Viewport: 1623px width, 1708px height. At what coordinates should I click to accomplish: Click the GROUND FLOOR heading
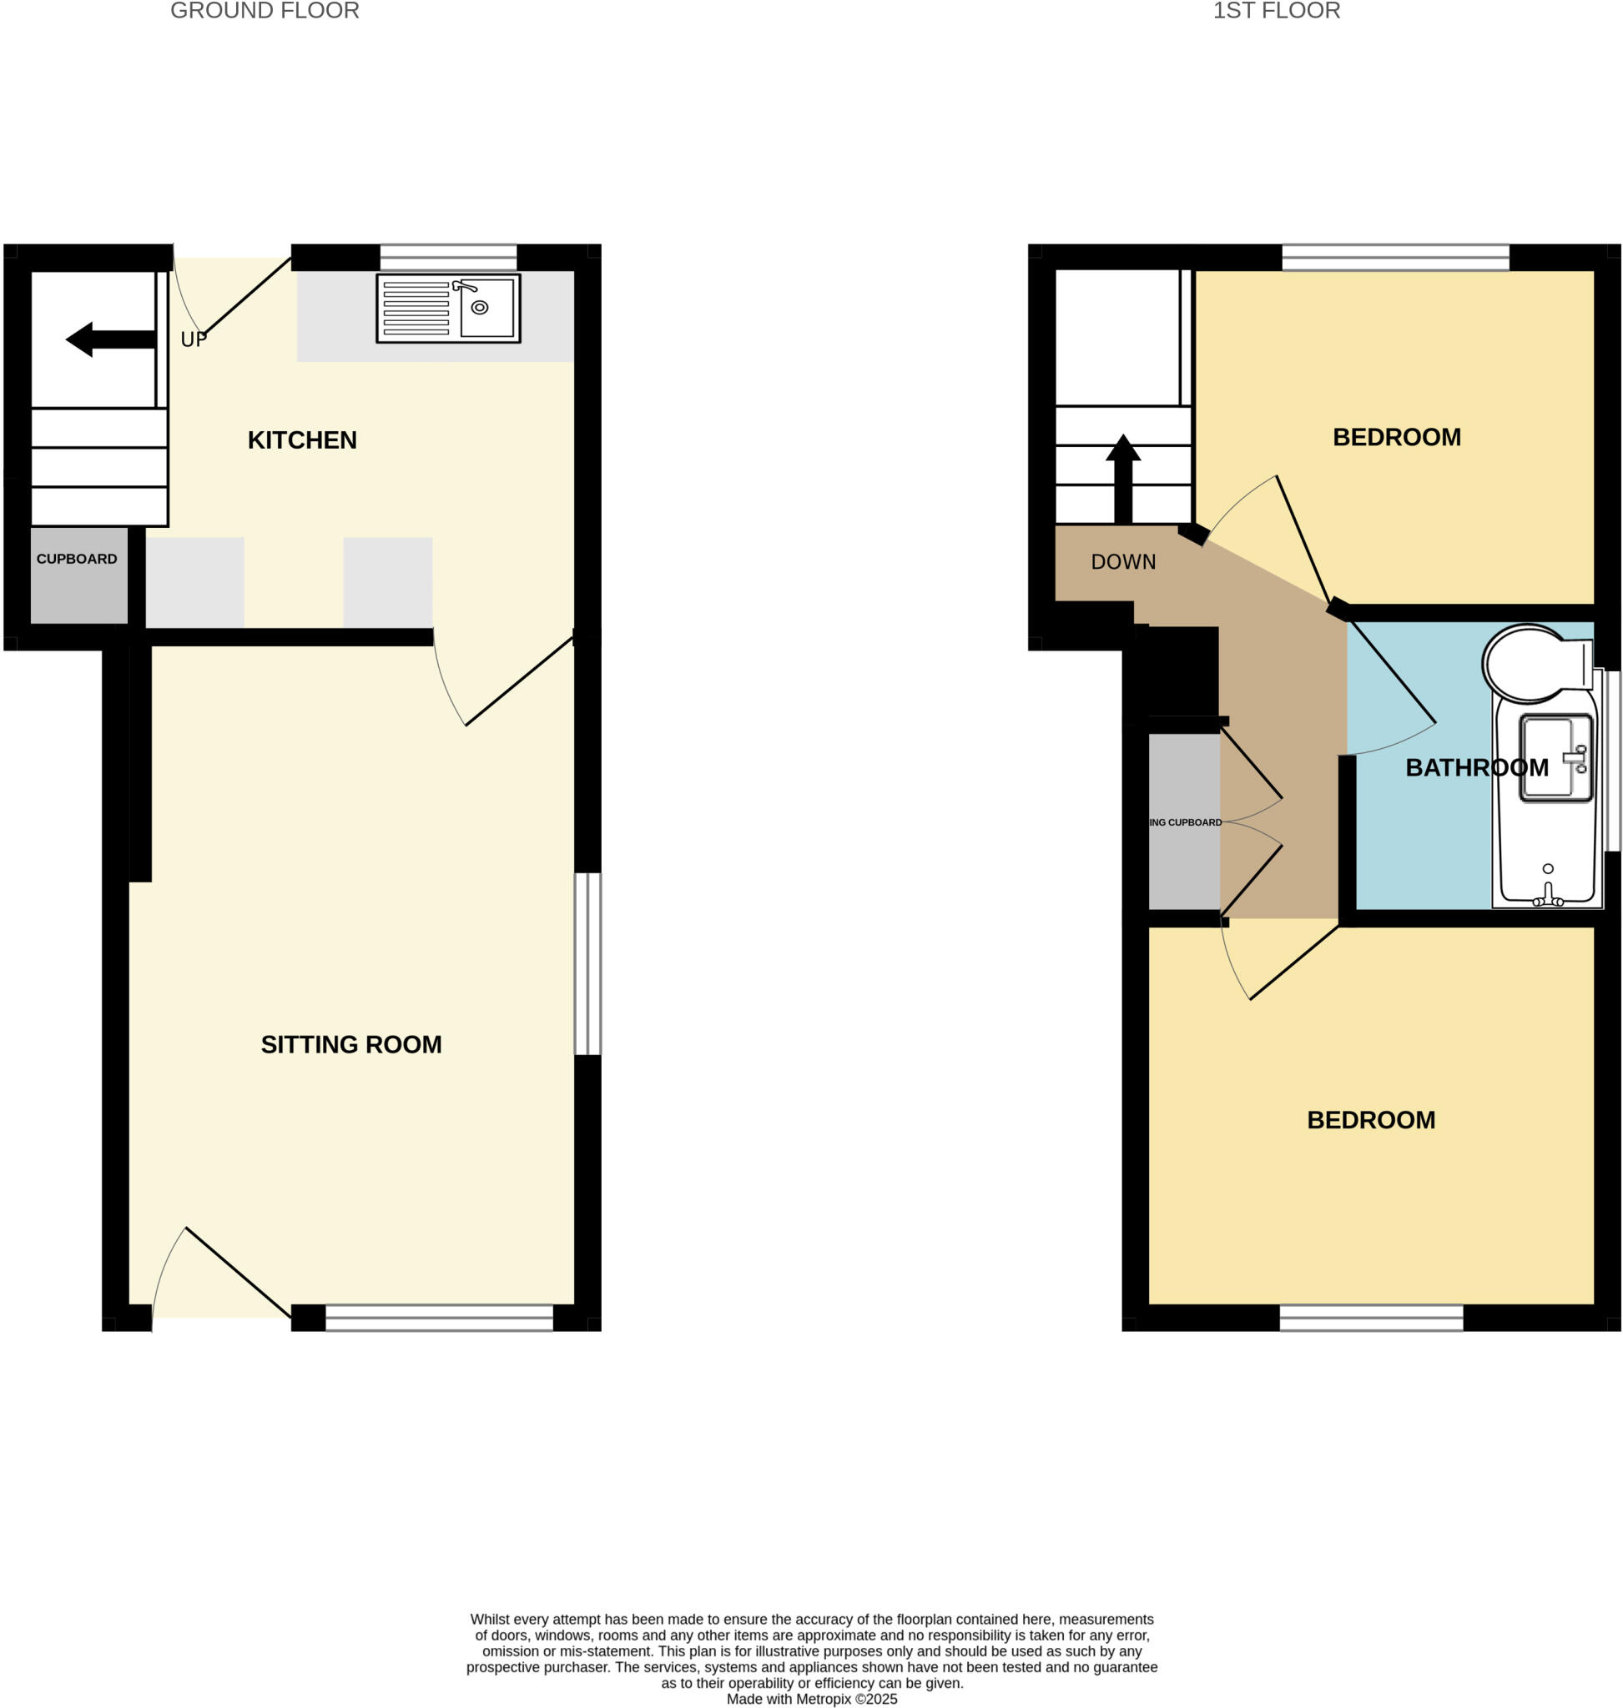pyautogui.click(x=265, y=11)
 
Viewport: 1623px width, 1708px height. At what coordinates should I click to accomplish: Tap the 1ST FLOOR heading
pyautogui.click(x=1276, y=11)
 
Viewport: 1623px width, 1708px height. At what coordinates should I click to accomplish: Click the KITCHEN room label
pyautogui.click(x=302, y=440)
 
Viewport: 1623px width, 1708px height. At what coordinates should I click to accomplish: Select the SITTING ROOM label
pyautogui.click(x=351, y=1045)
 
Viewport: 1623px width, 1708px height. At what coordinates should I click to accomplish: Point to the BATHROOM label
pyautogui.click(x=1477, y=768)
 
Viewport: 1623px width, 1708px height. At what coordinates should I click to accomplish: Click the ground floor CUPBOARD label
pyautogui.click(x=76, y=560)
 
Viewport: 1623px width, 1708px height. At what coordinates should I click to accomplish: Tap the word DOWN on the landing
pyautogui.click(x=1123, y=562)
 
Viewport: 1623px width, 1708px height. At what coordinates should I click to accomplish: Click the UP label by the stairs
pyautogui.click(x=194, y=340)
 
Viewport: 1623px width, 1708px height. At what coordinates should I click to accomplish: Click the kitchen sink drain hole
pyautogui.click(x=479, y=307)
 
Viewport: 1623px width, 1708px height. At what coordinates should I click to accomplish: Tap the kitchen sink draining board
pyautogui.click(x=416, y=308)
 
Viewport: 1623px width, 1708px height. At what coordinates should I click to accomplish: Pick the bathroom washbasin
pyautogui.click(x=1555, y=757)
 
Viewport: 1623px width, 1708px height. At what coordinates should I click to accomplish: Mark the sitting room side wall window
pyautogui.click(x=587, y=963)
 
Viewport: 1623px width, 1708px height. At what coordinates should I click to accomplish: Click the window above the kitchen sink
pyautogui.click(x=448, y=258)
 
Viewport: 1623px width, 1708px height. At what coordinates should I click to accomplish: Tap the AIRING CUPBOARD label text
pyautogui.click(x=1185, y=822)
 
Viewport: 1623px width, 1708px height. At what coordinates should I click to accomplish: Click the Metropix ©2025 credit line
pyautogui.click(x=811, y=1699)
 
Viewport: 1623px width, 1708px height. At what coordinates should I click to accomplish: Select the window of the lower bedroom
pyautogui.click(x=1371, y=1317)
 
